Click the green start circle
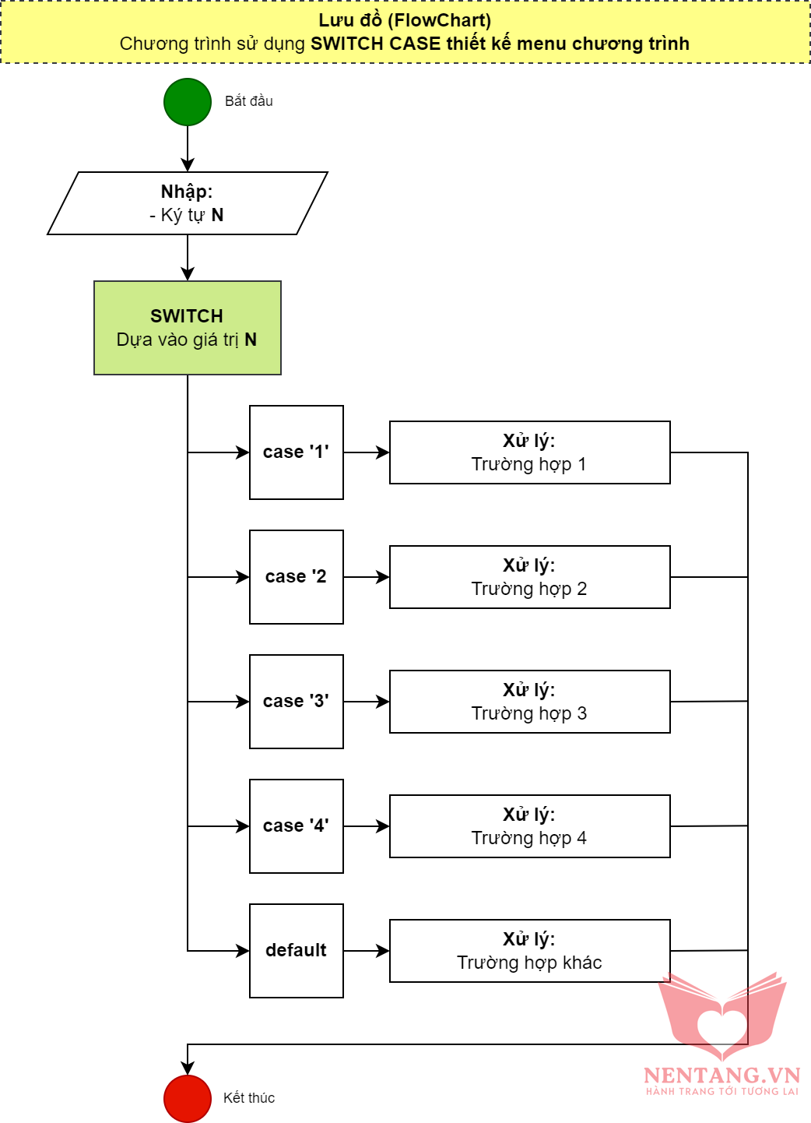pos(188,102)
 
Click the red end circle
pos(188,1098)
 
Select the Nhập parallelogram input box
pos(188,203)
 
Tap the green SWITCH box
pos(188,328)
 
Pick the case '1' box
pos(297,452)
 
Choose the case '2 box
pos(297,577)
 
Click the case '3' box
pos(297,702)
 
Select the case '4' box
pos(297,826)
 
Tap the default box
pos(297,951)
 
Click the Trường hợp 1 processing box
pos(529,452)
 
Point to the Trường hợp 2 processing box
pos(529,577)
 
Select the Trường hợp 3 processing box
pos(529,702)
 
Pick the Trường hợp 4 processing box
pos(529,826)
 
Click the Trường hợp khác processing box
pos(529,951)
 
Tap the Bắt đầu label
pos(249,101)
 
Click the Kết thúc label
pos(249,1098)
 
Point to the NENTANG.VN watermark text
pos(721,1075)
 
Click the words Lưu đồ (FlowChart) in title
pos(405,21)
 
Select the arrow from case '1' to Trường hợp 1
pos(366,452)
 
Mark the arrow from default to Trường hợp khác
pos(366,951)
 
